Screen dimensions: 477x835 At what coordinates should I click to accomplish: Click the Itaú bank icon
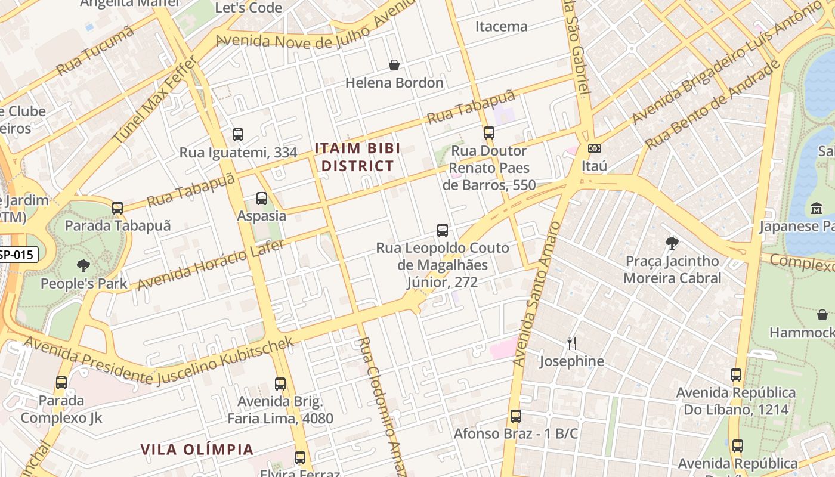[594, 148]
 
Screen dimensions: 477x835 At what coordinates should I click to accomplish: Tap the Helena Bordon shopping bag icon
[394, 65]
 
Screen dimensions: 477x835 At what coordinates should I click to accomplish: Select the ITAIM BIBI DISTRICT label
[357, 157]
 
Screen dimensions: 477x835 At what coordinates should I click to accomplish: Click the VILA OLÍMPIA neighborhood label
[197, 449]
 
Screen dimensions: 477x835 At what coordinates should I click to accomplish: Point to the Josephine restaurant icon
[571, 343]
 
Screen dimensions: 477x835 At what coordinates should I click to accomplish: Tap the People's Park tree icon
[83, 266]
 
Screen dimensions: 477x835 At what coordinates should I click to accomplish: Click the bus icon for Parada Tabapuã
[117, 208]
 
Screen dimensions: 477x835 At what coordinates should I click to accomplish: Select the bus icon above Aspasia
[261, 199]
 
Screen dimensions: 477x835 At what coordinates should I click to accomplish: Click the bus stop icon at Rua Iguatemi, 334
[238, 135]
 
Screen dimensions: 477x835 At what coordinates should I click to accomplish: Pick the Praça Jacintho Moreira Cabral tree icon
[672, 243]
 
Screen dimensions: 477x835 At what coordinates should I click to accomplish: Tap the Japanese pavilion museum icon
[816, 209]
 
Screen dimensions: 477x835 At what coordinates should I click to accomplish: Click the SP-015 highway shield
[18, 255]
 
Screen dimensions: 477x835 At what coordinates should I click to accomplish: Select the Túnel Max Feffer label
[156, 99]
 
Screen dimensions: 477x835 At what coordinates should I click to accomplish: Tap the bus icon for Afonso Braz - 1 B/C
[516, 416]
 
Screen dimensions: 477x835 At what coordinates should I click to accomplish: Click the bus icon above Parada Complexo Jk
[61, 383]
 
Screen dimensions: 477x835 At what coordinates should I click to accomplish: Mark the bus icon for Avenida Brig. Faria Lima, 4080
[280, 384]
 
